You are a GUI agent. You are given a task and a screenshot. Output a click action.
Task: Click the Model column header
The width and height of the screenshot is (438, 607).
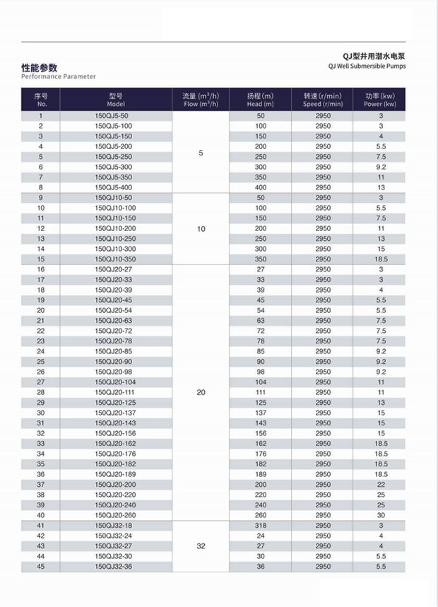coord(116,99)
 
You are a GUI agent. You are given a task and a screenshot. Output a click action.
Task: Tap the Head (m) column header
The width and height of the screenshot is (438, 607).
coord(260,99)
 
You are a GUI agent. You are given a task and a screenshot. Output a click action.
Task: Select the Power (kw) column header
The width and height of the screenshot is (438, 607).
coord(380,99)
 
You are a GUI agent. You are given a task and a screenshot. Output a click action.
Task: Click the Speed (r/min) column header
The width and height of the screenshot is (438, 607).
coord(323,99)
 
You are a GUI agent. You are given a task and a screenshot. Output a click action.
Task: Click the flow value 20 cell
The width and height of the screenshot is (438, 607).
coord(201,391)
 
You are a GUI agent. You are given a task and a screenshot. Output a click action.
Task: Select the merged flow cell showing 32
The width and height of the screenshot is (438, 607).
coord(201,546)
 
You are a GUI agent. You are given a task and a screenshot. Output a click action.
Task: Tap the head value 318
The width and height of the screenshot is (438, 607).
coord(260,525)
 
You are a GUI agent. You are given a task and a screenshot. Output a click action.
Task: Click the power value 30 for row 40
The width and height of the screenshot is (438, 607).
coord(380,515)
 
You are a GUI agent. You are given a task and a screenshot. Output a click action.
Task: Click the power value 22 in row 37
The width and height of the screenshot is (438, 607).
coord(380,484)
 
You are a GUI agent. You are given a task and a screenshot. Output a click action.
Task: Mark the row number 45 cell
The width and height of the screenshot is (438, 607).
coord(41,567)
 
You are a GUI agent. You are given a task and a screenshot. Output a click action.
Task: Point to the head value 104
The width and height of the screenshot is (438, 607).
coord(260,382)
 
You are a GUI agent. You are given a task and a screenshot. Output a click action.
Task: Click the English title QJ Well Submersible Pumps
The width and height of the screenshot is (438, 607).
coord(367,66)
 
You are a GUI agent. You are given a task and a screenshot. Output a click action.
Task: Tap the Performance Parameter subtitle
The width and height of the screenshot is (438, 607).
coord(59,76)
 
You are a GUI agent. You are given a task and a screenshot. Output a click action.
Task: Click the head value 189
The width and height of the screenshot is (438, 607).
coord(260,474)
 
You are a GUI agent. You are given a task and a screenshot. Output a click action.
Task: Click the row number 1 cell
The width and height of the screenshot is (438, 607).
coord(41,115)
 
